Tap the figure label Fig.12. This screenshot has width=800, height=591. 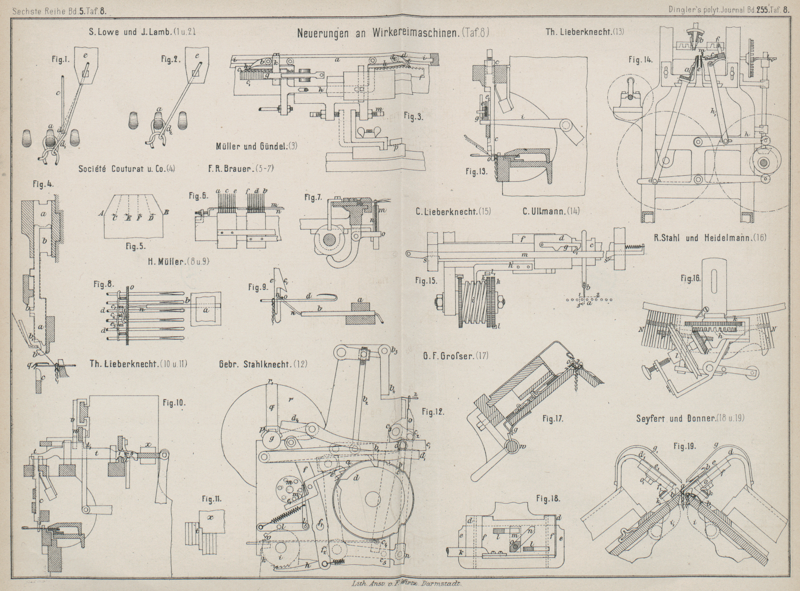pyautogui.click(x=433, y=411)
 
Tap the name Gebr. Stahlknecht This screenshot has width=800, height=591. pyautogui.click(x=256, y=365)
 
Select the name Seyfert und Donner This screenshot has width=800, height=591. pyautogui.click(x=675, y=418)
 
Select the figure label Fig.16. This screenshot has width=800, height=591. pyautogui.click(x=691, y=278)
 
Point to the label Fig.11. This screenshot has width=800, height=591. pyautogui.click(x=210, y=499)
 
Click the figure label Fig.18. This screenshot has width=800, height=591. pyautogui.click(x=549, y=499)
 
